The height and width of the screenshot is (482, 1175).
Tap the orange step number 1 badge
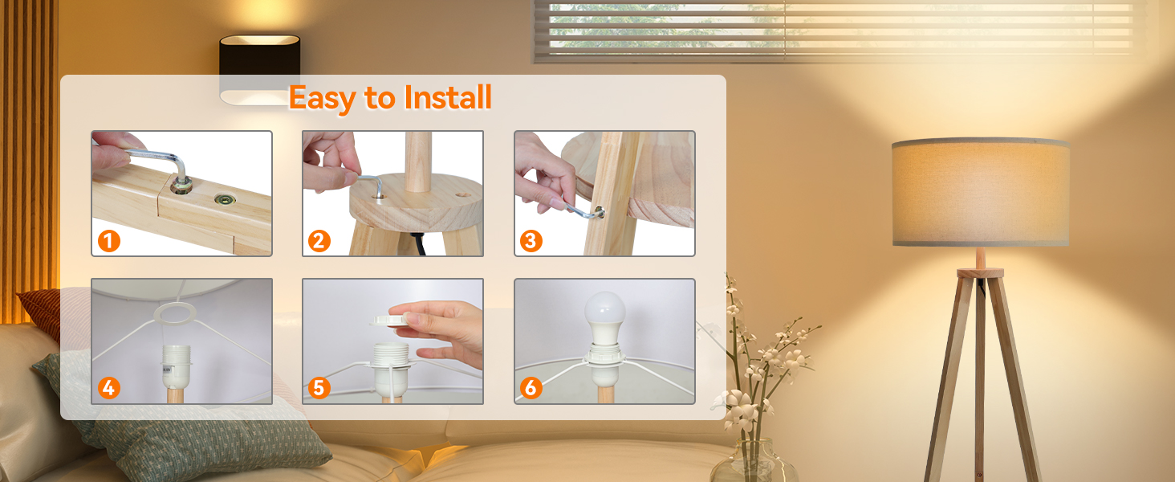[109, 241]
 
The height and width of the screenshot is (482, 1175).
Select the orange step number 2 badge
[319, 241]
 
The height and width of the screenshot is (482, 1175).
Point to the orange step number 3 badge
[531, 241]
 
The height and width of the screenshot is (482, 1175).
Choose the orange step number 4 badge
[109, 388]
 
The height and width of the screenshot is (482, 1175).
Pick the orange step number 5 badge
[319, 388]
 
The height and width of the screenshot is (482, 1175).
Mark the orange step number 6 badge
[531, 388]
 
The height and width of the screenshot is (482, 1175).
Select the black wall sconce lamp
[260, 69]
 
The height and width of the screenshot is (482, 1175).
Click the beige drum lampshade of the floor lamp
[981, 192]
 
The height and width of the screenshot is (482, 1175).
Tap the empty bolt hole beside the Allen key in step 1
[224, 199]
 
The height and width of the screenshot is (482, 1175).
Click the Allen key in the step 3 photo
[581, 208]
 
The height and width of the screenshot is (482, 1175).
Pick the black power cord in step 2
[418, 243]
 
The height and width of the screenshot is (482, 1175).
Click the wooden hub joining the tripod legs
[980, 273]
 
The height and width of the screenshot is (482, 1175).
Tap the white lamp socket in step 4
[175, 366]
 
